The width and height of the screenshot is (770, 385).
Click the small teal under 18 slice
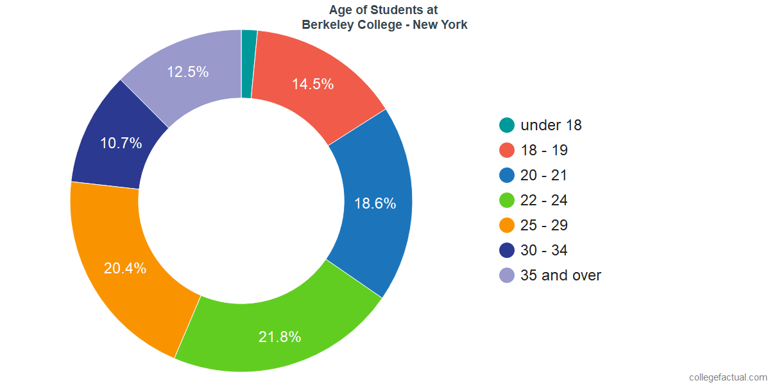248,64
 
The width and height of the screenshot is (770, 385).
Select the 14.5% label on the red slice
312,84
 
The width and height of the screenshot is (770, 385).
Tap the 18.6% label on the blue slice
375,203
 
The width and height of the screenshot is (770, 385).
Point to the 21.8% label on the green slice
280,337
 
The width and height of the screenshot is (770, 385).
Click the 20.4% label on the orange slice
125,268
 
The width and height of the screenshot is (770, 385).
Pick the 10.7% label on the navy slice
121,143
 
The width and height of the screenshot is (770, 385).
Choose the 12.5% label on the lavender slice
187,72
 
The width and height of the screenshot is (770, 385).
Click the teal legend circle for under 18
507,125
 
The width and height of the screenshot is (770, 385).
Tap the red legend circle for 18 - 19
507,150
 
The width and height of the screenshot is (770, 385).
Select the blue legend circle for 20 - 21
507,175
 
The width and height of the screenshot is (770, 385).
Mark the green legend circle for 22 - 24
507,200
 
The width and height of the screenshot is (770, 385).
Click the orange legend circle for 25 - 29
507,225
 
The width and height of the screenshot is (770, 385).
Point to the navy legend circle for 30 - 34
507,250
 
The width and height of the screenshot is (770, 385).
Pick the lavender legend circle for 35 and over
507,275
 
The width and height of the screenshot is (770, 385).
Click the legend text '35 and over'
561,275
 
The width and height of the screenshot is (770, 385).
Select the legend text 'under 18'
551,125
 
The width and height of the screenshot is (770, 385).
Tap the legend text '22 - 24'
544,200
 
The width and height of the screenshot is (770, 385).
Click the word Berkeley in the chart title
327,25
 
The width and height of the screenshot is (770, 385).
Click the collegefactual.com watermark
728,377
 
